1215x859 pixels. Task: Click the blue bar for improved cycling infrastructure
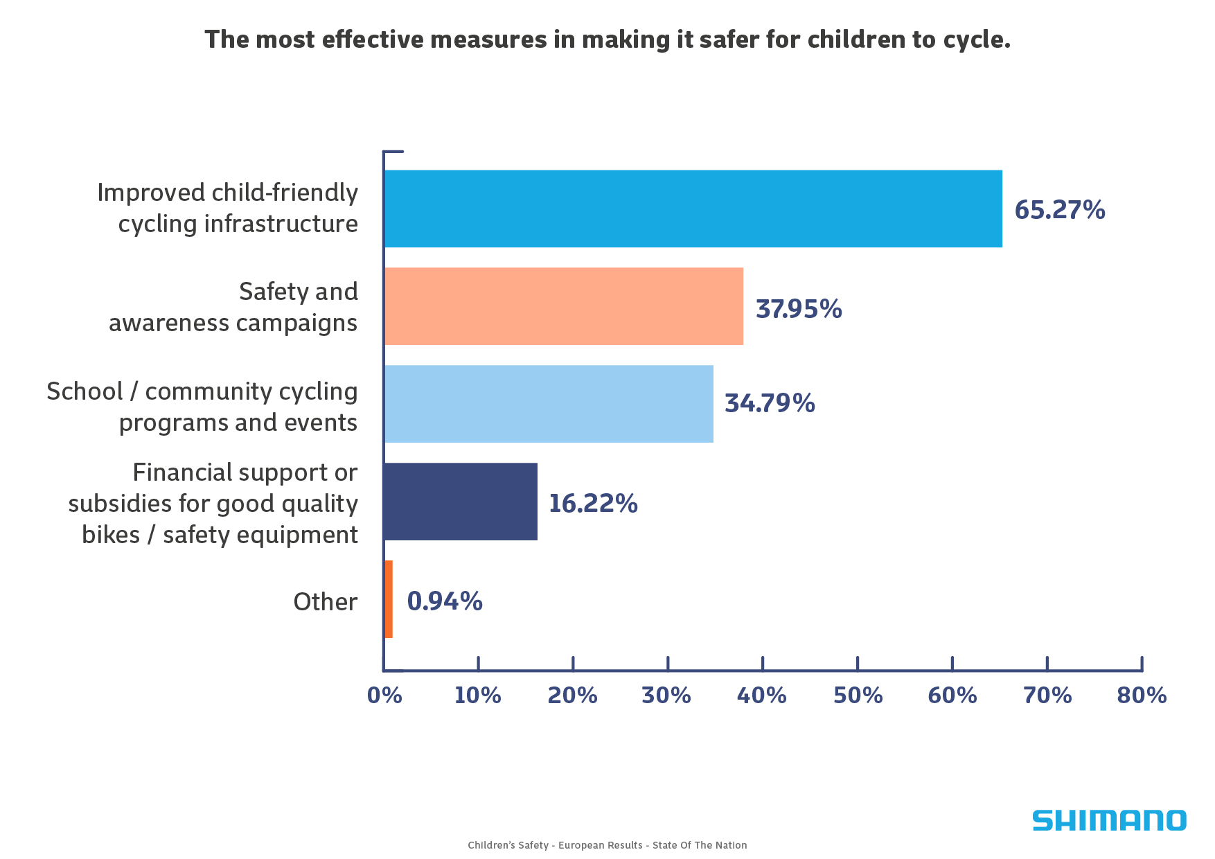pos(693,209)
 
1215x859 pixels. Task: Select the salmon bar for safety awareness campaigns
pos(563,306)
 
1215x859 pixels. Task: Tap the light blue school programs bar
pos(548,404)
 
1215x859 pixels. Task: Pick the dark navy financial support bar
pos(460,502)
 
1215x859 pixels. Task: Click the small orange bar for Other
pos(389,599)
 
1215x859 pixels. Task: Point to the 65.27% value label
pos(1059,210)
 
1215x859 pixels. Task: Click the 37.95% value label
pos(798,309)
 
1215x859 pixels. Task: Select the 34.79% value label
pos(769,403)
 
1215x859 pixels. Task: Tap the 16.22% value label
pos(592,504)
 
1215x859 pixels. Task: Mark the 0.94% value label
pos(444,601)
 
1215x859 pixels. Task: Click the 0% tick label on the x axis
pos(384,696)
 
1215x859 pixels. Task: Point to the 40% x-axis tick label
pos(761,696)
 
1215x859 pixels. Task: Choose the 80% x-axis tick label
pos(1142,696)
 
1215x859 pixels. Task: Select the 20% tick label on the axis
pos(572,696)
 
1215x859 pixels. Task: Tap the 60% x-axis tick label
pos(952,696)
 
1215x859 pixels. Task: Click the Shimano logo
pos(1108,821)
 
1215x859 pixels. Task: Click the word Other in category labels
pos(325,601)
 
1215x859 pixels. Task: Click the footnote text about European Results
pos(607,845)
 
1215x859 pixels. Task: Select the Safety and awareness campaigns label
pos(233,307)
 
